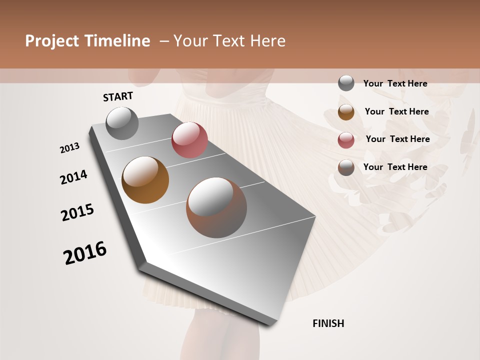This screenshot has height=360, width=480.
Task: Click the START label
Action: coord(118,96)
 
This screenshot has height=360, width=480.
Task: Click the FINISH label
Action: coord(328,323)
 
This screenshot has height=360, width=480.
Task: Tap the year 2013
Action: coord(69,148)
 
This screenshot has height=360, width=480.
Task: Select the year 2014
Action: coord(73,177)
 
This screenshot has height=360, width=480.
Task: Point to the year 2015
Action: coord(77,212)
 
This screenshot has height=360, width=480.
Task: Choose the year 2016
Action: coord(85,253)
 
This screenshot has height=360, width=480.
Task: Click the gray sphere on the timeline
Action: coord(122,123)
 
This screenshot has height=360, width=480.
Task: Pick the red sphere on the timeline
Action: coord(189,140)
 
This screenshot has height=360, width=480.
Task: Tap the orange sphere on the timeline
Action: coord(145,180)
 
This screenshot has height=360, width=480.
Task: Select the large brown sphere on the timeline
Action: coord(216,207)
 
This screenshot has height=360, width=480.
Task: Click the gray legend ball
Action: coord(346,83)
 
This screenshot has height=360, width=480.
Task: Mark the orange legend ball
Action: coord(346,112)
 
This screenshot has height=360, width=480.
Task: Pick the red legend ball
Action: coord(346,140)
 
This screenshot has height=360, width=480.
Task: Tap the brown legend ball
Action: coord(346,167)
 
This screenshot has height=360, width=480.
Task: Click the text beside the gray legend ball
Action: coord(395,83)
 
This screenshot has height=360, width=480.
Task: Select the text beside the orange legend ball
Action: coord(396,111)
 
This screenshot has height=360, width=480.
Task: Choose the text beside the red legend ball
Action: coord(397,139)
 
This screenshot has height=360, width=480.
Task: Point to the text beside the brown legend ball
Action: coord(395,167)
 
